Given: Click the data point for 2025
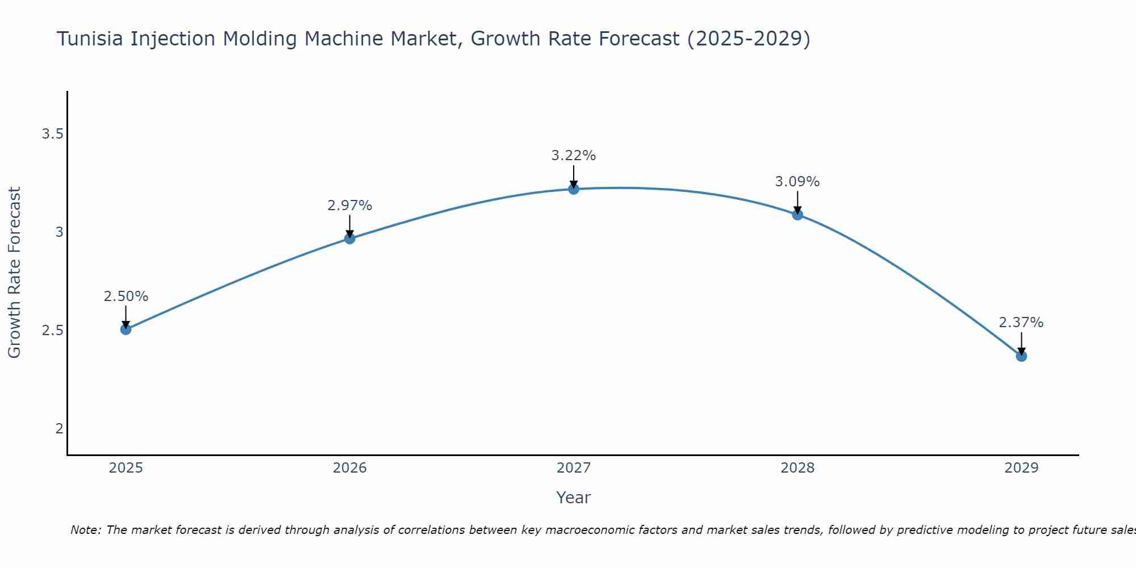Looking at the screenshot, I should [x=126, y=329].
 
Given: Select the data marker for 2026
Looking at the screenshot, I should [x=350, y=238].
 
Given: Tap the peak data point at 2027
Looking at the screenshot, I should [x=574, y=189].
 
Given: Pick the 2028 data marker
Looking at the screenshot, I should [x=797, y=214].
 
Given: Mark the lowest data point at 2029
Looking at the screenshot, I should [x=1021, y=356].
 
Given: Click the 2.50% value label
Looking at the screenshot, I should [x=126, y=296].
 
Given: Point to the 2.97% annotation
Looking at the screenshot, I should [x=350, y=206].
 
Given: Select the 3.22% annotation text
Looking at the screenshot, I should [x=574, y=156].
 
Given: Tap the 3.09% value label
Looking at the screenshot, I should [x=797, y=182].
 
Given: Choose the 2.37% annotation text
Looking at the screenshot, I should [x=1021, y=323].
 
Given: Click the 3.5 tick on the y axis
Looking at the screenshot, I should [x=52, y=134].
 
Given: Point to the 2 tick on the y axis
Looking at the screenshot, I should [x=59, y=428].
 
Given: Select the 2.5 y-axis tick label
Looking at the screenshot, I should [x=52, y=330].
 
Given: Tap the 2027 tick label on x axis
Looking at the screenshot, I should [x=574, y=468].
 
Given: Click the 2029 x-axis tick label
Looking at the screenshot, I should [x=1021, y=468].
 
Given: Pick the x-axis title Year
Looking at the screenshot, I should [x=574, y=498].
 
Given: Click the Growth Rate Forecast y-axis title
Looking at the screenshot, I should [x=15, y=273].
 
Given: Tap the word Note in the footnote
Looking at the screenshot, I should [x=85, y=530].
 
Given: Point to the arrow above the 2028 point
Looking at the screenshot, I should [x=797, y=202].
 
